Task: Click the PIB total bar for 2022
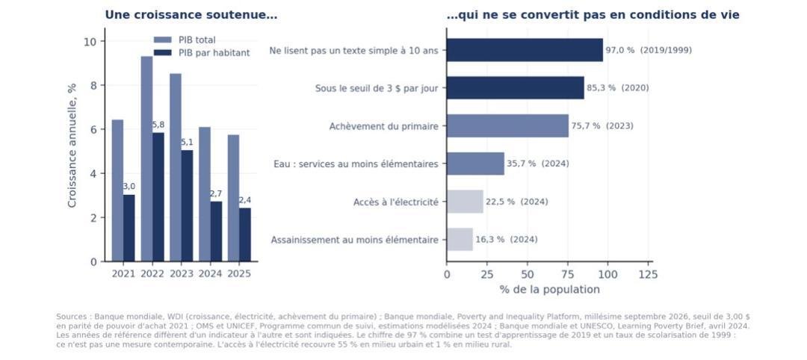(x=146, y=159)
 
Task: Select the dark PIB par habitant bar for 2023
(x=188, y=205)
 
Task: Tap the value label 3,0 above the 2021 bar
(x=129, y=186)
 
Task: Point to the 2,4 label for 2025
(x=245, y=200)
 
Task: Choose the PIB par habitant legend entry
(x=202, y=52)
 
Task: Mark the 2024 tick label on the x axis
(x=210, y=273)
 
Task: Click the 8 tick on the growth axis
(x=93, y=85)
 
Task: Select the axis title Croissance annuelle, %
(x=72, y=146)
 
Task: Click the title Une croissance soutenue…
(x=191, y=15)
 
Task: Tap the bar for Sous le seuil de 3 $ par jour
(x=515, y=88)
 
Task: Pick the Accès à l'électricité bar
(x=465, y=202)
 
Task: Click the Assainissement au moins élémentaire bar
(x=460, y=240)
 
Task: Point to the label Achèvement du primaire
(x=384, y=126)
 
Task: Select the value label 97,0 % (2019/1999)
(x=649, y=50)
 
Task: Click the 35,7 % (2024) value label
(x=538, y=164)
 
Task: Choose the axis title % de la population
(x=550, y=290)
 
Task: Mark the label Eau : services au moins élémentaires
(x=356, y=164)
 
